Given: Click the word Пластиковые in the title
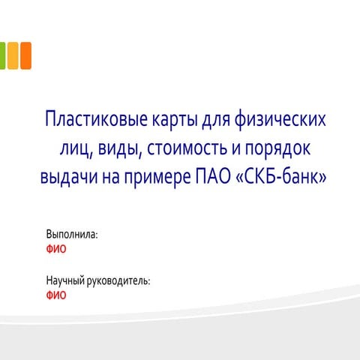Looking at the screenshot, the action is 96,118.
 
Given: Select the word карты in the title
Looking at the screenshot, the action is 174,120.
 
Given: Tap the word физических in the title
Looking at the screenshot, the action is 280,119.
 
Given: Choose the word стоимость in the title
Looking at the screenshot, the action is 187,148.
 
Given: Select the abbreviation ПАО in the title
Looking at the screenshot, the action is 213,176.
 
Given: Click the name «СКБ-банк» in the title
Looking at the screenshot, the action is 281,176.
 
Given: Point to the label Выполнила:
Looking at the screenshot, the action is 72,235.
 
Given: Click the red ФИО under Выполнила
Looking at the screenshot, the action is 56,249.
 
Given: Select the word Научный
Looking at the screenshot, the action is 65,280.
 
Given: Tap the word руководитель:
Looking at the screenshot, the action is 118,281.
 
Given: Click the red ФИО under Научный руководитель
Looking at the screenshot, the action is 56,295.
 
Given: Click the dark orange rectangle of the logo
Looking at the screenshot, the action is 26,55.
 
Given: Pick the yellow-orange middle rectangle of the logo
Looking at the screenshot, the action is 13,55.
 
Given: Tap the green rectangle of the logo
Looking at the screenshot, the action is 2,55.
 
